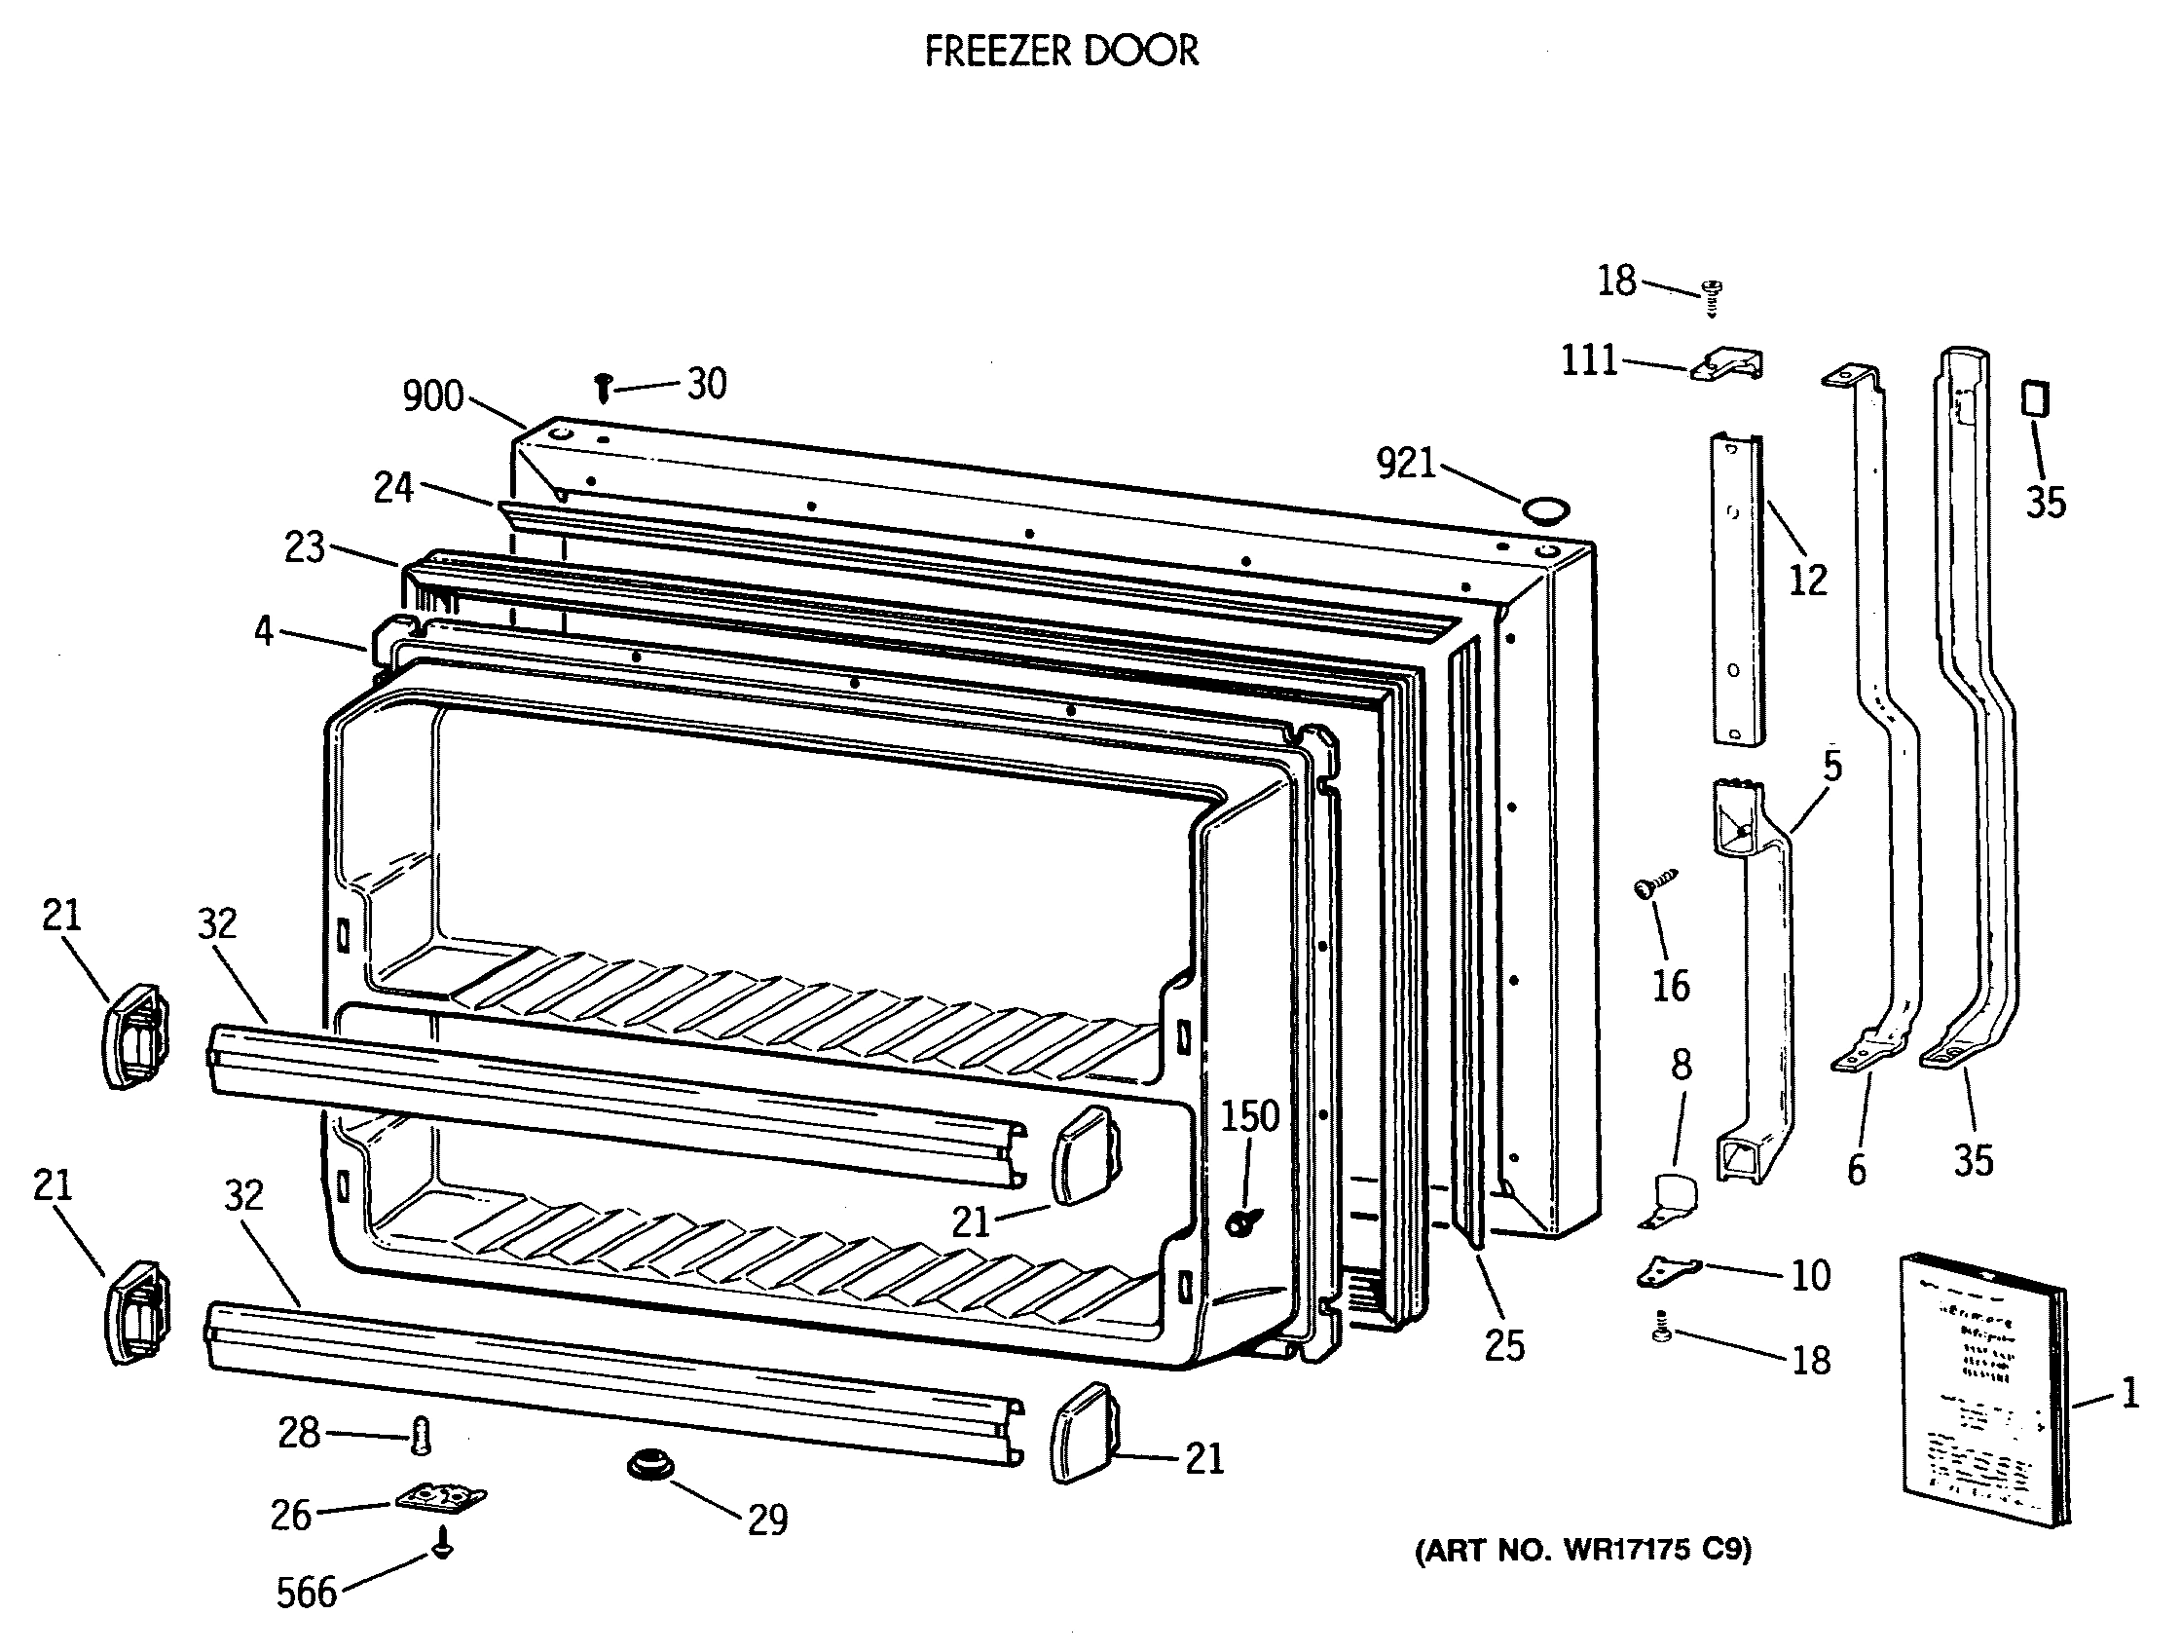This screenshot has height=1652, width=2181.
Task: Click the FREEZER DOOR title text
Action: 1061,51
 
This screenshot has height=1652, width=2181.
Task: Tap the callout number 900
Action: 433,396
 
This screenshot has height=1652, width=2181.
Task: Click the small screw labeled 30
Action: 604,389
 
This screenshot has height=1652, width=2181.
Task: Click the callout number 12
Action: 1807,580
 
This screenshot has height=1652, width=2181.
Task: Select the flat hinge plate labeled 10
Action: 1668,1272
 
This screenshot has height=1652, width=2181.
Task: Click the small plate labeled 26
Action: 441,1498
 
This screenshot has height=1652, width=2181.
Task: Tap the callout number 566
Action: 306,1592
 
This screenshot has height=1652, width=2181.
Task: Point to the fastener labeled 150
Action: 1237,1224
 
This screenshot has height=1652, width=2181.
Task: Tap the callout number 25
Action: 1504,1345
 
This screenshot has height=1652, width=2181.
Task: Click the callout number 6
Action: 1857,1170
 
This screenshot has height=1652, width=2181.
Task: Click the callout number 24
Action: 392,487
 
